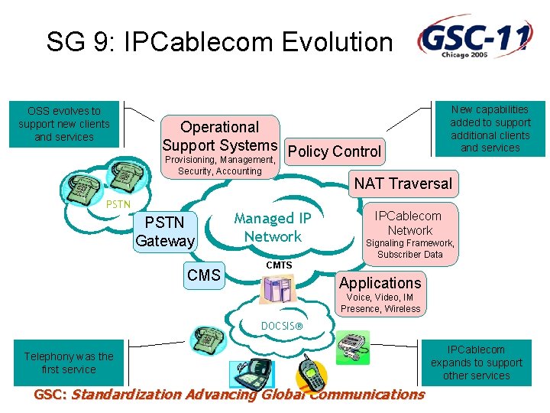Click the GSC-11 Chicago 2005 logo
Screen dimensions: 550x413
[x=474, y=37]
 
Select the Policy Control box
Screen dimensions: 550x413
[x=334, y=151]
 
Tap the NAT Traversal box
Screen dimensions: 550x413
[x=403, y=184]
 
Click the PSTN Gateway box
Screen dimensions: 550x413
[x=165, y=232]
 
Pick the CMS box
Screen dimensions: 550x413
[x=204, y=275]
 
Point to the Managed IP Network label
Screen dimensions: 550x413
[x=273, y=227]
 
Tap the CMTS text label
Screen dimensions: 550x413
[x=279, y=265]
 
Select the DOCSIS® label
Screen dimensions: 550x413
[x=281, y=326]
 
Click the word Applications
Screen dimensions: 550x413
[x=380, y=283]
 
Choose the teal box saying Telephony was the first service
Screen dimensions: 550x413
[x=68, y=363]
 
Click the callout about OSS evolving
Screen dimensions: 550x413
[x=64, y=124]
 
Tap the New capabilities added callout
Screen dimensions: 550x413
[x=490, y=128]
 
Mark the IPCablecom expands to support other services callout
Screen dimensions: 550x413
[x=477, y=363]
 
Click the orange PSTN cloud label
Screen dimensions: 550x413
[x=118, y=204]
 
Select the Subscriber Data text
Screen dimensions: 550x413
[x=409, y=255]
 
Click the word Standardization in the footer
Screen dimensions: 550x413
[x=131, y=395]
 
